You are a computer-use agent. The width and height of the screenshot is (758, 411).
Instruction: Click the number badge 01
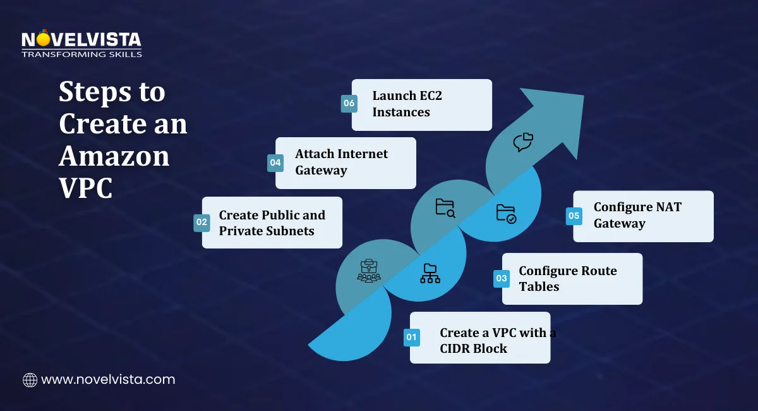point(411,338)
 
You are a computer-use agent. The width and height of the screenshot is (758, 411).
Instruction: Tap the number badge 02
point(202,222)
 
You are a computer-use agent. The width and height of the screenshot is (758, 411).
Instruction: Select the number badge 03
point(502,278)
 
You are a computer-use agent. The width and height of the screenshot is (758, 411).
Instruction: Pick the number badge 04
point(275,163)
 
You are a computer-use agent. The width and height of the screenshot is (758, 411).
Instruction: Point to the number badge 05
point(574,216)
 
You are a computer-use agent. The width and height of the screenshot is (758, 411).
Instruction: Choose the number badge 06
point(349,104)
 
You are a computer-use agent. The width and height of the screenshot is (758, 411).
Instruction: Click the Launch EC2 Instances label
point(402,104)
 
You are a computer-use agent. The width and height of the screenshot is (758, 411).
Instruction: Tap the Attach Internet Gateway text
point(342,162)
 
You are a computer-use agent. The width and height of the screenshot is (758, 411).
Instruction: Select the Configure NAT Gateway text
point(637,215)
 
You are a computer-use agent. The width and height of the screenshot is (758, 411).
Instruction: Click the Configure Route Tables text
point(568,278)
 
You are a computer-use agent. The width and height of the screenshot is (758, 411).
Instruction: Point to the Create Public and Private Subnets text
point(272,223)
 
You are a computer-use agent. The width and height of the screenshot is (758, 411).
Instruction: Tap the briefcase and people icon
point(369,271)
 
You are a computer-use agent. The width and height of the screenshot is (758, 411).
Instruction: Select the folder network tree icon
point(430,273)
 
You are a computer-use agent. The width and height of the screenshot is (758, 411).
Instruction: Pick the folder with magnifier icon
point(445,208)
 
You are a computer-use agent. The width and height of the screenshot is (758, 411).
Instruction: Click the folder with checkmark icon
point(506,213)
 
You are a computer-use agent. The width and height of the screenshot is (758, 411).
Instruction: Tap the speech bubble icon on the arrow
point(523,142)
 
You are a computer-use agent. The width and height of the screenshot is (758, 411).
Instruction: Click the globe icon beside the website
point(30,380)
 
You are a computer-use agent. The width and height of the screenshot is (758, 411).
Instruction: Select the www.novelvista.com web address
point(108,380)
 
